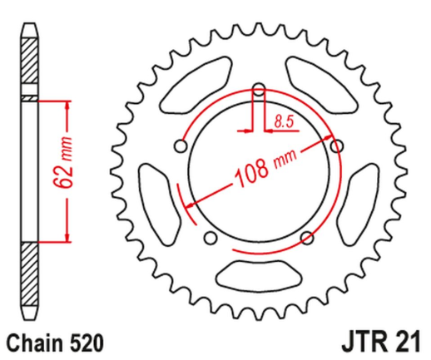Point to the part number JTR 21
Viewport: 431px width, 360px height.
click(382, 340)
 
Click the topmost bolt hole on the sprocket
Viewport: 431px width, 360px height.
click(258, 90)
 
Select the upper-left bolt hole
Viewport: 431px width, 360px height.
click(179, 146)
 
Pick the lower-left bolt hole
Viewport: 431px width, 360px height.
click(209, 239)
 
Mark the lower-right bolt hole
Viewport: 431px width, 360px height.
click(307, 239)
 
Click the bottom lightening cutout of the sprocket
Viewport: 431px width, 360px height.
click(258, 271)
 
